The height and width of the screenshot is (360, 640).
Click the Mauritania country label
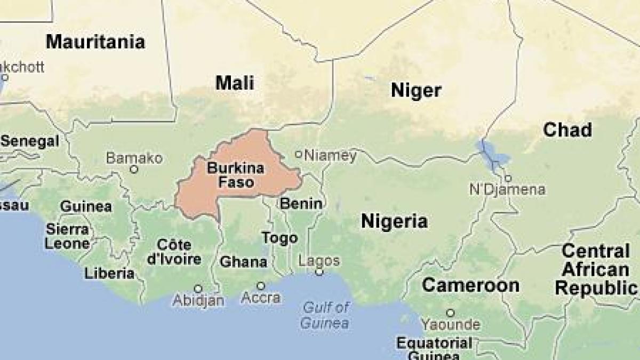(95, 42)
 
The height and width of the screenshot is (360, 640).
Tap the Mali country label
(235, 83)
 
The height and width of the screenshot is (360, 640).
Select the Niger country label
(416, 90)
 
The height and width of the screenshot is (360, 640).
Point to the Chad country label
(567, 130)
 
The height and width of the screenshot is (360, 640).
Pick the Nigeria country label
(394, 221)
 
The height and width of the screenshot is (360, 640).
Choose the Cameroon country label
(470, 285)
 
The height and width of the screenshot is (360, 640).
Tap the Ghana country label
(244, 262)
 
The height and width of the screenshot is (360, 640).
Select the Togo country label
(279, 238)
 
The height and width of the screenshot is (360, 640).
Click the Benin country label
(301, 203)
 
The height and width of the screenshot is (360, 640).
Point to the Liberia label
(109, 274)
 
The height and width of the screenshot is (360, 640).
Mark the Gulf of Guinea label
(325, 315)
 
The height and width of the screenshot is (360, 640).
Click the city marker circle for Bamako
(134, 170)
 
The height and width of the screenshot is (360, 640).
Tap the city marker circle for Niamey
(299, 155)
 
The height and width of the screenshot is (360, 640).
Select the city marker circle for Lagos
(319, 272)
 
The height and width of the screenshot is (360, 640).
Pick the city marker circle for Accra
(261, 286)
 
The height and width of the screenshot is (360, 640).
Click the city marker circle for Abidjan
(198, 289)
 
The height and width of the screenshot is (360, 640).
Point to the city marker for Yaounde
(451, 313)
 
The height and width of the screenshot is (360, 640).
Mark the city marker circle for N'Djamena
(508, 179)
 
